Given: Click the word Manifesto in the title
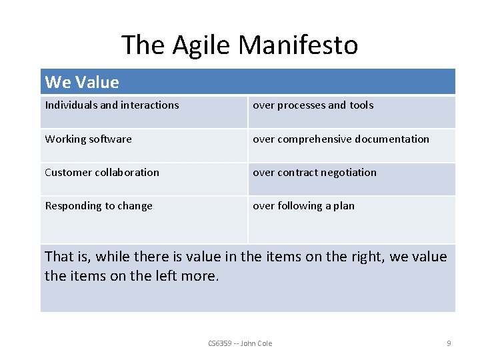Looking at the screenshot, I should pyautogui.click(x=298, y=45).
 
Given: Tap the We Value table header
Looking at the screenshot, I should pyautogui.click(x=82, y=83).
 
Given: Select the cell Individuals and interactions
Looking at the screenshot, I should pyautogui.click(x=112, y=105).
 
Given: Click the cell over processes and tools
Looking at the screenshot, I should pyautogui.click(x=313, y=105).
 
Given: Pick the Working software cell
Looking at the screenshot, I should pyautogui.click(x=88, y=139).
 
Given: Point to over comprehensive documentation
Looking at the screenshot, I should pyautogui.click(x=341, y=139).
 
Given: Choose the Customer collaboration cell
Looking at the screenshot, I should pyautogui.click(x=102, y=173).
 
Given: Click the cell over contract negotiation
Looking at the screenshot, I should pyautogui.click(x=314, y=173).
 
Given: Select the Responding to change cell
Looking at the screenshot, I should pyautogui.click(x=99, y=206).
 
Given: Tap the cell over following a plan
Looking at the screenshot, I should pyautogui.click(x=303, y=206).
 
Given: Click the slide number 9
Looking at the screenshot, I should pyautogui.click(x=449, y=343).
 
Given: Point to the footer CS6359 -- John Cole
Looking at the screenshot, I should pyautogui.click(x=240, y=343).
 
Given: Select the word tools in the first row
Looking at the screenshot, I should pyautogui.click(x=361, y=105).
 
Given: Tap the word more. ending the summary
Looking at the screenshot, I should pyautogui.click(x=201, y=275).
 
